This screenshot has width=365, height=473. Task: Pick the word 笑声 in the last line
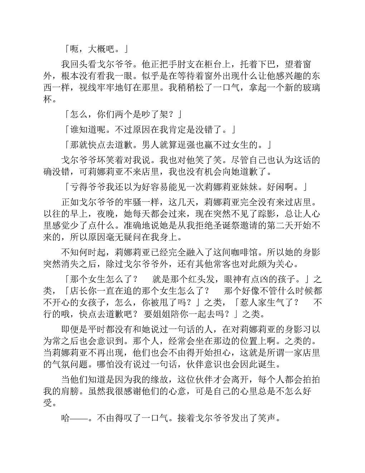click(269, 418)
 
